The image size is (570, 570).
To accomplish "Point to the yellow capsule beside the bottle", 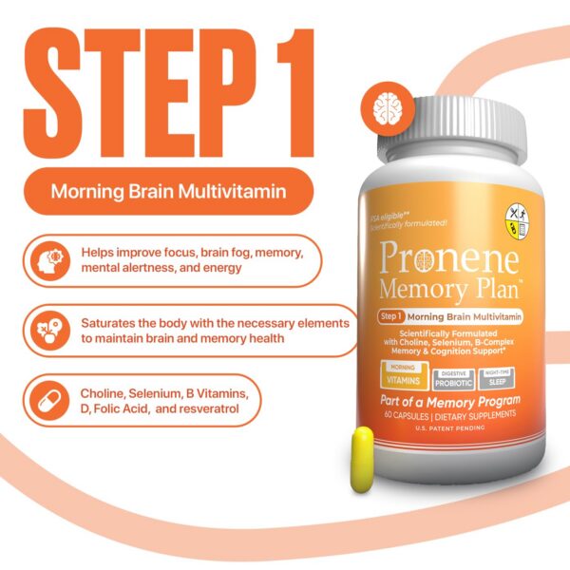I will pyautogui.click(x=362, y=459).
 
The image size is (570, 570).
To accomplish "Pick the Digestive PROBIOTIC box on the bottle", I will pyautogui.click(x=453, y=378).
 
